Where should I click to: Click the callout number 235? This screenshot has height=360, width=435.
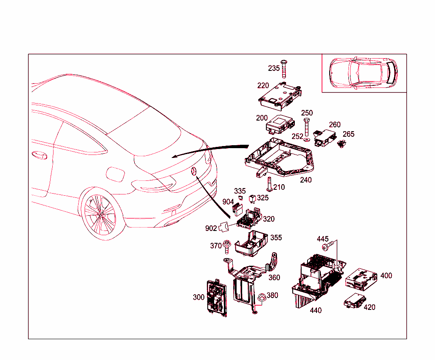click(274, 68)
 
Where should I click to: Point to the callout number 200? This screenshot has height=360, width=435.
click(262, 118)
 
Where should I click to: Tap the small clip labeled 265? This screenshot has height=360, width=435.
click(340, 145)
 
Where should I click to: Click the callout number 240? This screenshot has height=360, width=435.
click(306, 180)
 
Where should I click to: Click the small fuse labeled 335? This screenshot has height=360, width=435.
click(241, 198)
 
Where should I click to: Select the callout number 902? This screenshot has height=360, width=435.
click(211, 228)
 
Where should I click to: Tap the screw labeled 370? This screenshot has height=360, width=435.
click(227, 246)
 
